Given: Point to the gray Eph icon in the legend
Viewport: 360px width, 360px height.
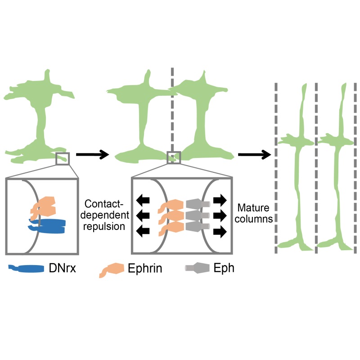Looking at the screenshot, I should pyautogui.click(x=197, y=268).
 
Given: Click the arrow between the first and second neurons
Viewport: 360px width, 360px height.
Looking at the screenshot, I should pyautogui.click(x=92, y=155).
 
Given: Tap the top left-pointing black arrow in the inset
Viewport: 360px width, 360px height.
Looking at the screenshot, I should pyautogui.click(x=144, y=199).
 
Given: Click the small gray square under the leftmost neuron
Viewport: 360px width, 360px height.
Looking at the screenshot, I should pyautogui.click(x=63, y=158).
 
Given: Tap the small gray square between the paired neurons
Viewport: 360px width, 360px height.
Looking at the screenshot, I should pyautogui.click(x=174, y=157).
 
